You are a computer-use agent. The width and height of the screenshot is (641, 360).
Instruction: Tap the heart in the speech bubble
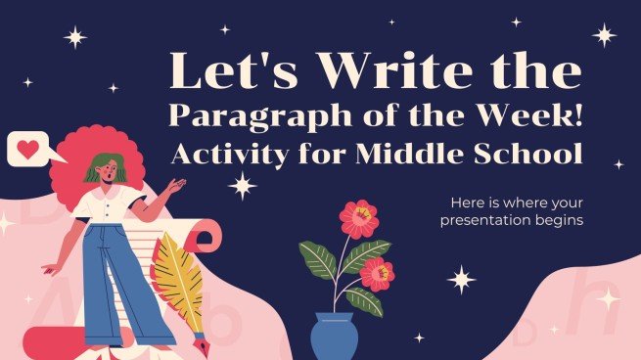point(28,151)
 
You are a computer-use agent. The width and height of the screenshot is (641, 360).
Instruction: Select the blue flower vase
point(334,336)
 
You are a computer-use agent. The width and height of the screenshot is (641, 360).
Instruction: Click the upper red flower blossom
point(359,218)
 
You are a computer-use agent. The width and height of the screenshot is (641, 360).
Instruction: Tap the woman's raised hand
point(176,184)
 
